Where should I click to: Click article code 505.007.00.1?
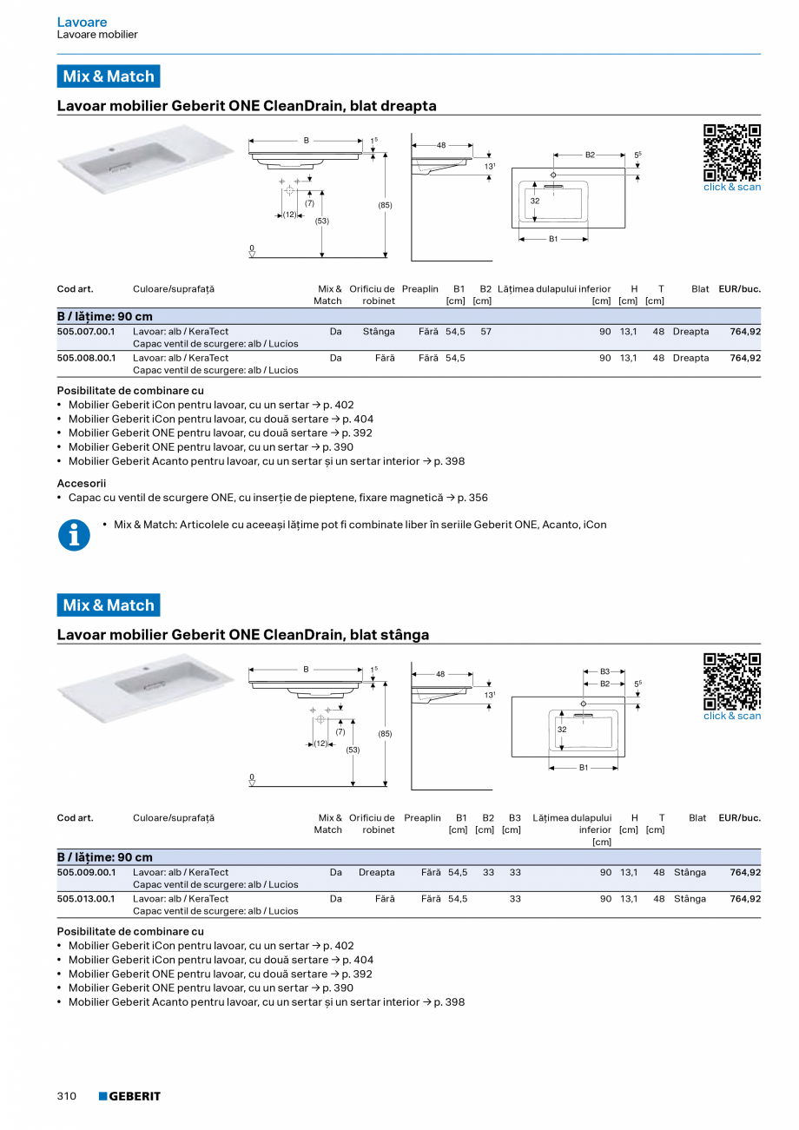[86, 332]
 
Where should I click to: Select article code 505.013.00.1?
[86, 899]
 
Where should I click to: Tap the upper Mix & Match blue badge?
[109, 76]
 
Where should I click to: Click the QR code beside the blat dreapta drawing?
[731, 153]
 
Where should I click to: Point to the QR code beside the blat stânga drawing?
[731, 682]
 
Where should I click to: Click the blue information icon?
[74, 535]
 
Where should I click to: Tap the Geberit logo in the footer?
[129, 1096]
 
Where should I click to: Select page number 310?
[67, 1096]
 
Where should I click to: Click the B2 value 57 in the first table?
[485, 332]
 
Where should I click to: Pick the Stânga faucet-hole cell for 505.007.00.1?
[379, 332]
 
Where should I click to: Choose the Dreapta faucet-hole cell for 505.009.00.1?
[376, 873]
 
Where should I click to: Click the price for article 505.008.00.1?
[745, 358]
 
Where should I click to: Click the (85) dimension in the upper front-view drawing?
[385, 205]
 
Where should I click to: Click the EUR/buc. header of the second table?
[739, 818]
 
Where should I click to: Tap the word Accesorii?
[81, 483]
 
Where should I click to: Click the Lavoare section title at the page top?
[82, 22]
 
